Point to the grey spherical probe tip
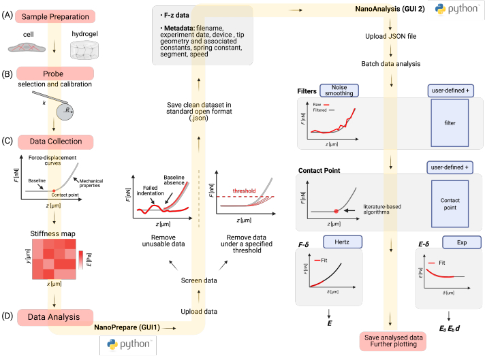pos(66,112)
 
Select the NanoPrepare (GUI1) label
pos(128,328)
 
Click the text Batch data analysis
pos(390,64)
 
